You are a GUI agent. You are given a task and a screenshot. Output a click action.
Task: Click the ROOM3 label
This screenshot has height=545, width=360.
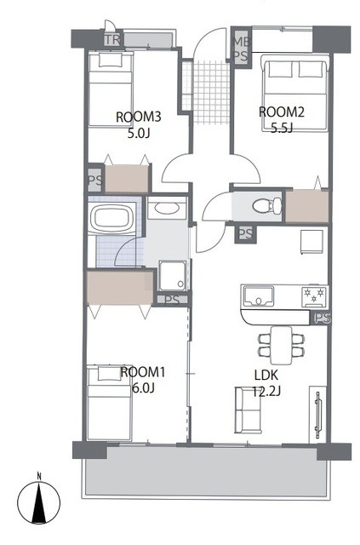point(139,117)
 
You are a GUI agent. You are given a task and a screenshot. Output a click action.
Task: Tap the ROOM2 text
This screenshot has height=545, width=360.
point(282,111)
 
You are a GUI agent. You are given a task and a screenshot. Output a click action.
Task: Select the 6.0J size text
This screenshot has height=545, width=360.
point(143,387)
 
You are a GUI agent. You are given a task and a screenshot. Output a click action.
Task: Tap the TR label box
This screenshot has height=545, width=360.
point(111,39)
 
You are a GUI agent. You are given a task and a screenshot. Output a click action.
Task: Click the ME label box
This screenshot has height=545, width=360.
point(241,39)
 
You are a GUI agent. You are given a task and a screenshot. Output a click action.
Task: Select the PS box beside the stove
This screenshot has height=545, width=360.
point(322,318)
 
